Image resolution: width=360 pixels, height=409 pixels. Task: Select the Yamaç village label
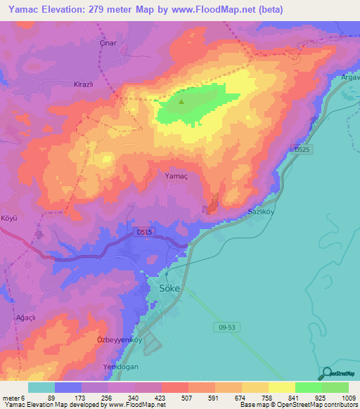176,176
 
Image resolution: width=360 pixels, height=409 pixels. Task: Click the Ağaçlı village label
25,318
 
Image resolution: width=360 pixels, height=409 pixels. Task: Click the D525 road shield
302,149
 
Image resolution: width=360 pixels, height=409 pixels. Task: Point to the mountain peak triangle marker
181,103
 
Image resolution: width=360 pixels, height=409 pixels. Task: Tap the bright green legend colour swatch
308,387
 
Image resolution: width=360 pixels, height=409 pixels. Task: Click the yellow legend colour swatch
281,387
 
